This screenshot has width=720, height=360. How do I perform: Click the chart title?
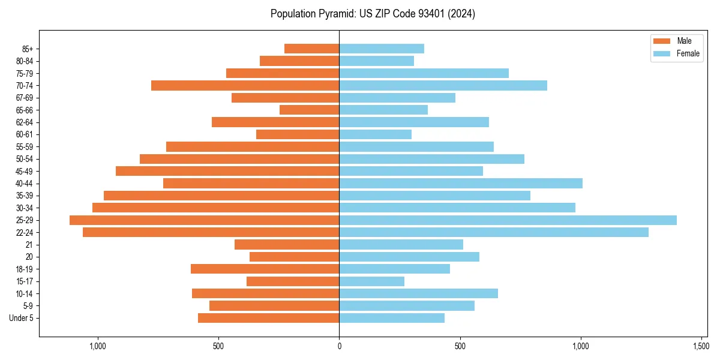[373, 14]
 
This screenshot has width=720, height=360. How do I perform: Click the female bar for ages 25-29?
[508, 220]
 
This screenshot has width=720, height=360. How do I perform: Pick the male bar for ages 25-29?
[204, 220]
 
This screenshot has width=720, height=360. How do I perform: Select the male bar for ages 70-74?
[245, 86]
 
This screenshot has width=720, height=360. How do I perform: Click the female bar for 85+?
[382, 49]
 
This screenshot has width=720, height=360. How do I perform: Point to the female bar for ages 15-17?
[371, 281]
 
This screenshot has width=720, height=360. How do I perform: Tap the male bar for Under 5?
[268, 318]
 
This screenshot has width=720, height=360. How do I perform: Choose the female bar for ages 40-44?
[461, 184]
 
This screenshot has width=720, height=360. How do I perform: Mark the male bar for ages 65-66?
[309, 110]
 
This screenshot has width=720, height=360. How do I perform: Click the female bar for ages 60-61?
[375, 134]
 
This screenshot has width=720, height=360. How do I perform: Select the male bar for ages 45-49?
[227, 171]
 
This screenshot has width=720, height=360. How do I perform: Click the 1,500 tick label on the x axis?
[701, 346]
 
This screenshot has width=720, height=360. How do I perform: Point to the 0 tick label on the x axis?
[339, 346]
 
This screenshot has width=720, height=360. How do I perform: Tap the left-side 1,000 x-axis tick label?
[97, 346]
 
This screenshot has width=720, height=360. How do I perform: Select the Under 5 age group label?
[21, 318]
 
